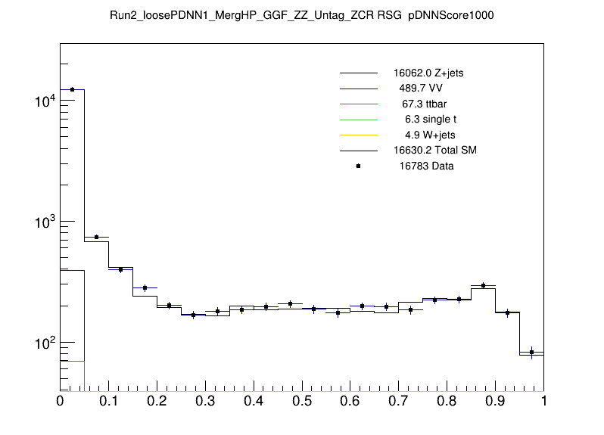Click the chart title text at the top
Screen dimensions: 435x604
coord(301,14)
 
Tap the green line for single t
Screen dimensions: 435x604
coord(358,119)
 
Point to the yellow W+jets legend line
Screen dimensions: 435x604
coord(358,135)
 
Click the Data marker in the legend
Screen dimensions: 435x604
coord(358,166)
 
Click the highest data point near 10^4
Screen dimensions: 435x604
coord(72,89)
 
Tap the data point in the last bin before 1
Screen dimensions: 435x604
coord(531,352)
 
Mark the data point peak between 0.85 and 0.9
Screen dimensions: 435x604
coord(483,285)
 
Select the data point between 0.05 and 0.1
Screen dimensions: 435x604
coord(96,237)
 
